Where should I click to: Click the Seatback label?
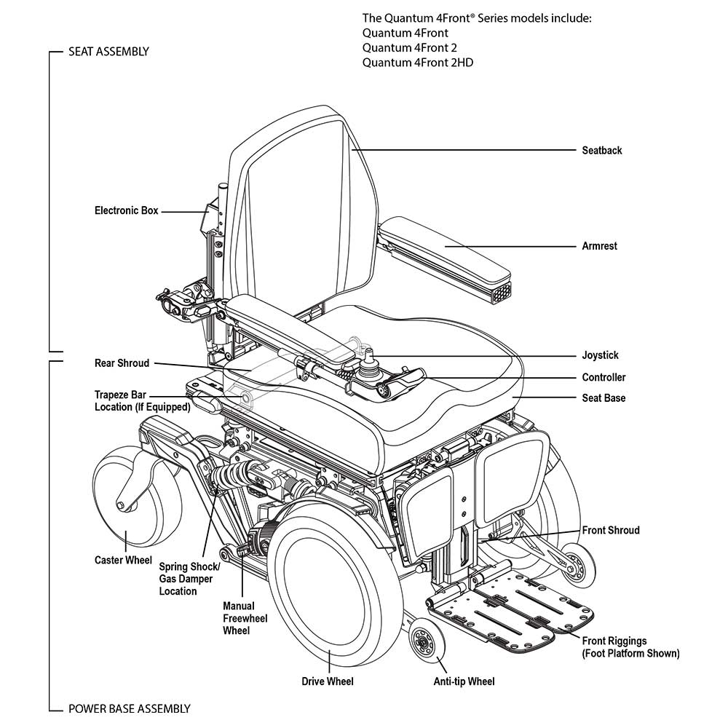coord(601,151)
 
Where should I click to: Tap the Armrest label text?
coord(599,246)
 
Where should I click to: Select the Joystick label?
coord(600,355)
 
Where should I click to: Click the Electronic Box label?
coord(126,210)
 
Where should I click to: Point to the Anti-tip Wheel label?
coord(464,681)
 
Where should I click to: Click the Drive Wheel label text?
coord(328,681)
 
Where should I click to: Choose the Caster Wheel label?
coord(123,561)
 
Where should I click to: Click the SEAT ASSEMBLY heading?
coord(108,52)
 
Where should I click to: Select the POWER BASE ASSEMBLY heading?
coord(129,708)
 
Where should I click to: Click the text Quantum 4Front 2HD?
coord(417,62)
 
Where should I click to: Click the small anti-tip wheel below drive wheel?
coord(422,641)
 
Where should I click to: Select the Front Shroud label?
coord(610,530)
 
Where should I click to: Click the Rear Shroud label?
coord(122,363)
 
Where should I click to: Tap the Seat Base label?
coord(604,398)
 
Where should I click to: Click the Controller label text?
coord(604,377)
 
